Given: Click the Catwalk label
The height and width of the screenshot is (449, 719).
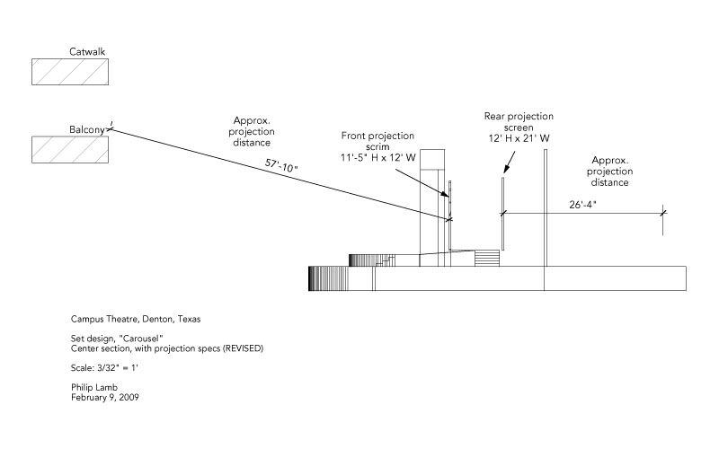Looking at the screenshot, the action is (87, 51).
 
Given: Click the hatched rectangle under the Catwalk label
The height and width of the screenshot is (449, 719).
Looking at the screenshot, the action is (70, 72).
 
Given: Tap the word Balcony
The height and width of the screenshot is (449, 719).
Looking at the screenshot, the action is (87, 129).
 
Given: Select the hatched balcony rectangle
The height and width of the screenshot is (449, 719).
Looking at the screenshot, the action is (70, 149).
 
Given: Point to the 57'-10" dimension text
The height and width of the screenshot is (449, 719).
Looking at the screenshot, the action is (281, 165).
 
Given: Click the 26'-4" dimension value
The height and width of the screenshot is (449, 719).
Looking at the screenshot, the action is (582, 205).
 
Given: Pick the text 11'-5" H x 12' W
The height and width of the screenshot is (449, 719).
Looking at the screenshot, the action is (377, 158).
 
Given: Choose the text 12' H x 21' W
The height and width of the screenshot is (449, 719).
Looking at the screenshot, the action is (519, 138).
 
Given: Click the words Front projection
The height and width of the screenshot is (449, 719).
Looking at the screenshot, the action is (377, 136).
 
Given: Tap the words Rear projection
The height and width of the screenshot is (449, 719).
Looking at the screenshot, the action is (519, 117).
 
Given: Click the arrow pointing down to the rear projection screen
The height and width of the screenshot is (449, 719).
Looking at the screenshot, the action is (509, 163).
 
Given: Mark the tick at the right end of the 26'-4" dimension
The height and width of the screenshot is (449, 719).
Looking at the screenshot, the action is (662, 213).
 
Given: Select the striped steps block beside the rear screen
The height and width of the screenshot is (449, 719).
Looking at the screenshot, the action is (486, 258).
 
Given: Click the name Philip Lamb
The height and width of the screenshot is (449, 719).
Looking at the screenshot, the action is (94, 388).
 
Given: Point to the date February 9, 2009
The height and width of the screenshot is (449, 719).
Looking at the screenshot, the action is (104, 398).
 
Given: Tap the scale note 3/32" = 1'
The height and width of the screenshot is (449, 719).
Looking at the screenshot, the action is (118, 368).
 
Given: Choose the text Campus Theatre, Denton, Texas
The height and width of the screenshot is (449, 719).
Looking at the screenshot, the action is (136, 320).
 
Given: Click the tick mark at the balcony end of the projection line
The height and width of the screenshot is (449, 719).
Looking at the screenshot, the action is (110, 129).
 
